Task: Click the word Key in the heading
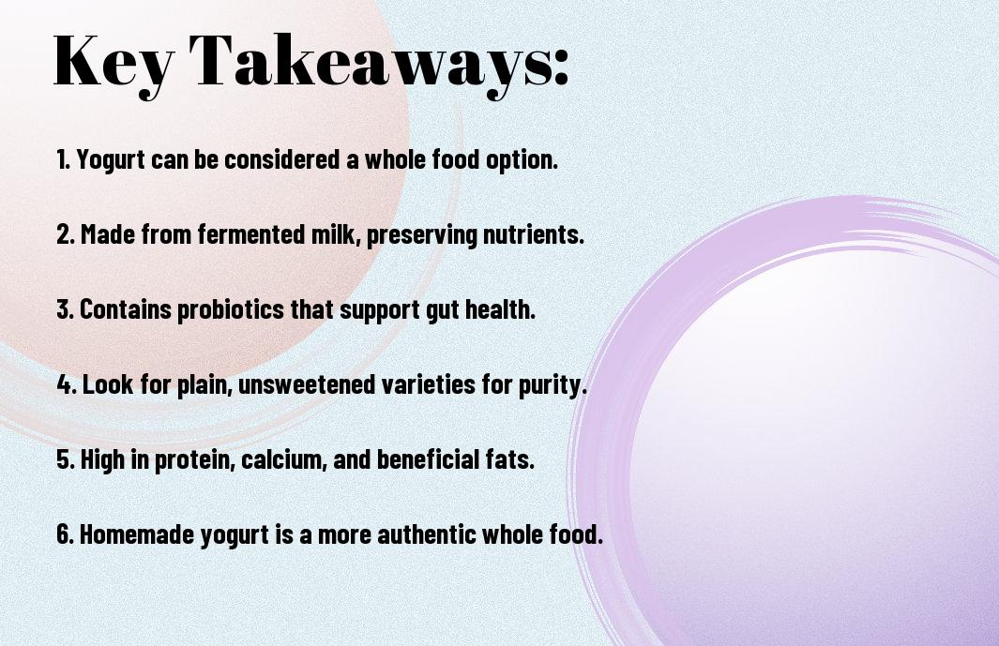114,63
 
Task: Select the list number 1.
63,159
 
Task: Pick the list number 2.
65,233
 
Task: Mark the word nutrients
533,233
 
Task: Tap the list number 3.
65,309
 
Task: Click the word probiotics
231,310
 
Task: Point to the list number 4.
67,383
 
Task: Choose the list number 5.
66,458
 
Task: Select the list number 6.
65,533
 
